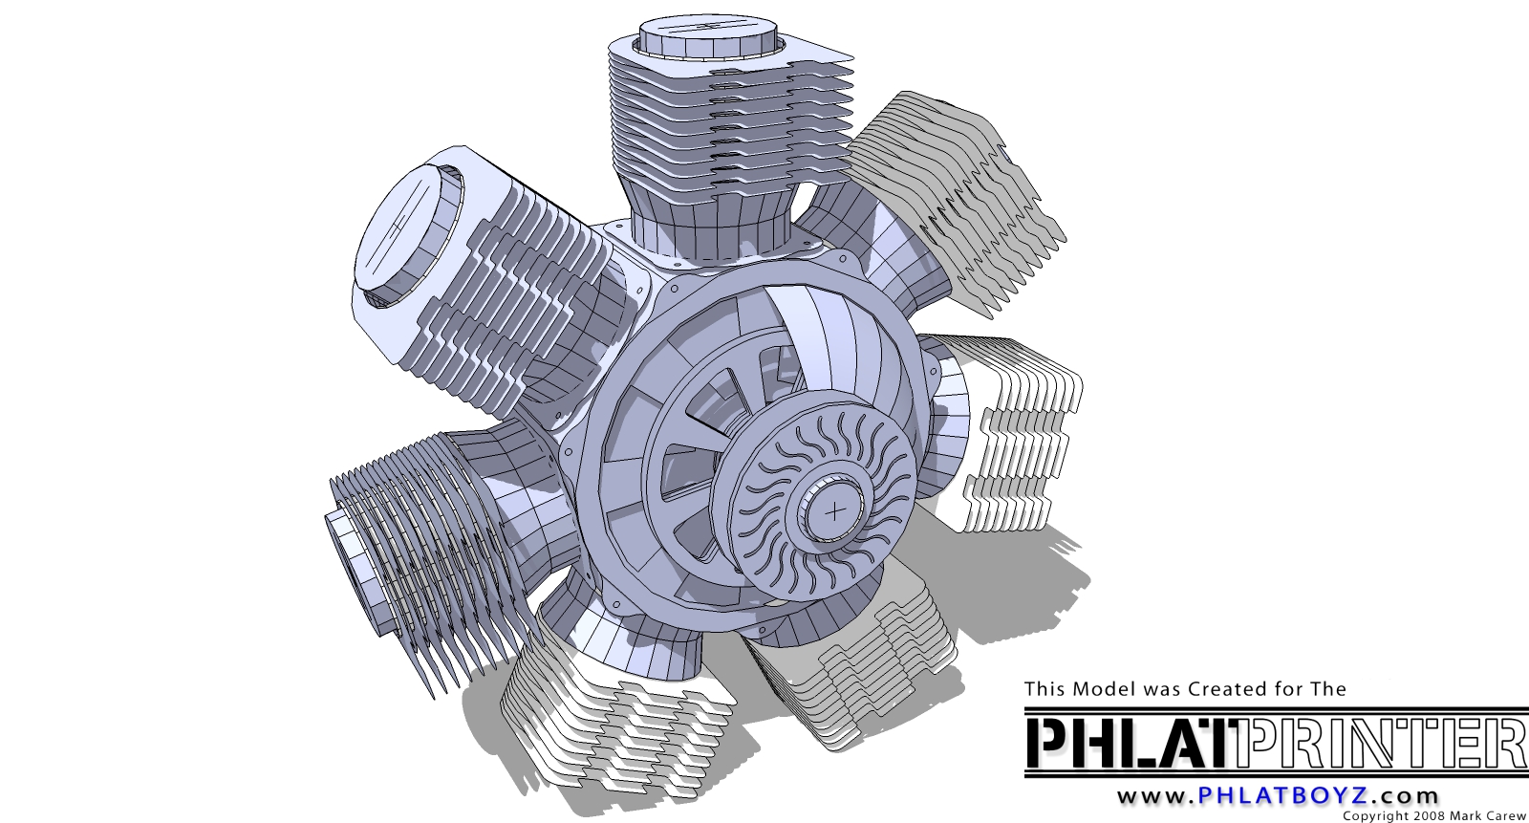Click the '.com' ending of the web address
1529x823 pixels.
tap(1405, 796)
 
